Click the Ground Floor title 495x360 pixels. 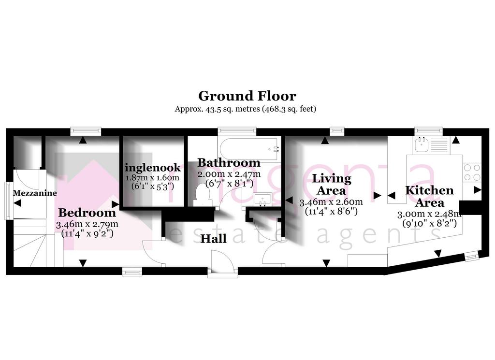coord(247,96)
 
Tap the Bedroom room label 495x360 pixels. coord(87,213)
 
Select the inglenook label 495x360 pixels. coord(153,168)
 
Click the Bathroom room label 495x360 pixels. coord(229,163)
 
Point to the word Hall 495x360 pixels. coord(213,239)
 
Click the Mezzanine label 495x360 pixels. coord(35,193)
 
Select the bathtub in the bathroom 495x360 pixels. coord(249,149)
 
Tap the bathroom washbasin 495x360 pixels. coord(262,200)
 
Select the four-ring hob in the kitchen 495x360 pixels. coord(472,173)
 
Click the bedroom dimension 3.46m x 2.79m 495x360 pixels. coord(87,224)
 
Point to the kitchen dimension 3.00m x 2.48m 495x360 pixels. coord(429,215)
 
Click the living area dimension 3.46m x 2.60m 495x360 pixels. coord(331,202)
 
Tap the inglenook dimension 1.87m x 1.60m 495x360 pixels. coord(152,177)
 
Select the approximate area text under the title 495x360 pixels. coord(246,109)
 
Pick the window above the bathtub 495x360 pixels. coord(237,130)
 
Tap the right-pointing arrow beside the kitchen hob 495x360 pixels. coord(477,189)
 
